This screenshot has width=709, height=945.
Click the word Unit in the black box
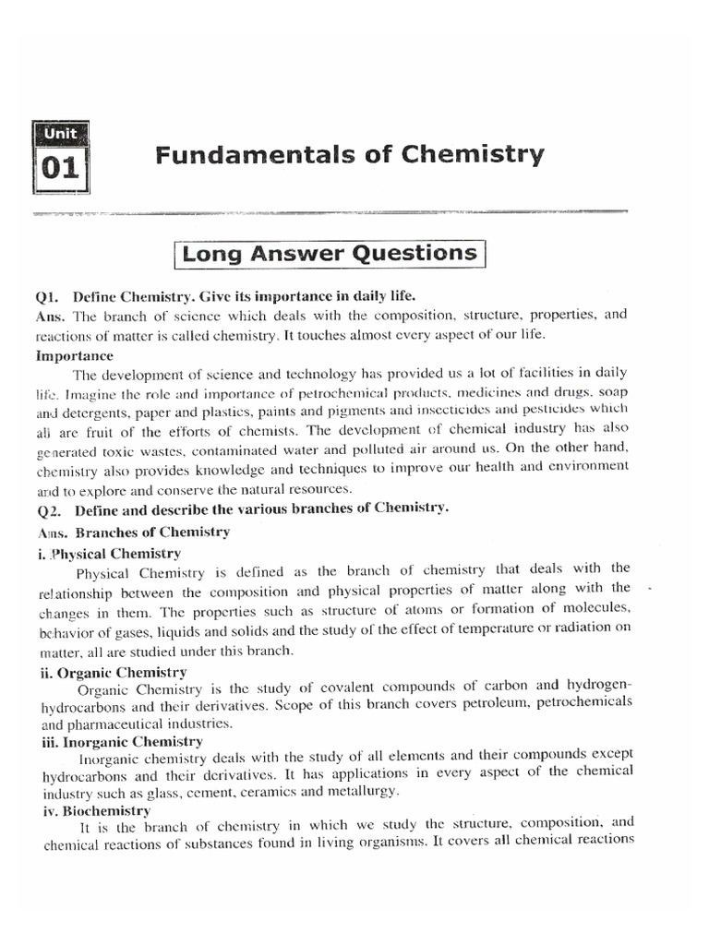click(x=61, y=133)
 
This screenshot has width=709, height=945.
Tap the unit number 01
click(x=61, y=171)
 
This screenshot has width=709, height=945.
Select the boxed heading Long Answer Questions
click(x=330, y=253)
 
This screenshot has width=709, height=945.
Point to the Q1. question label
click(x=50, y=296)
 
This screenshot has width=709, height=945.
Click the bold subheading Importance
click(x=75, y=355)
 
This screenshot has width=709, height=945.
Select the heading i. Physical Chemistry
click(x=110, y=554)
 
